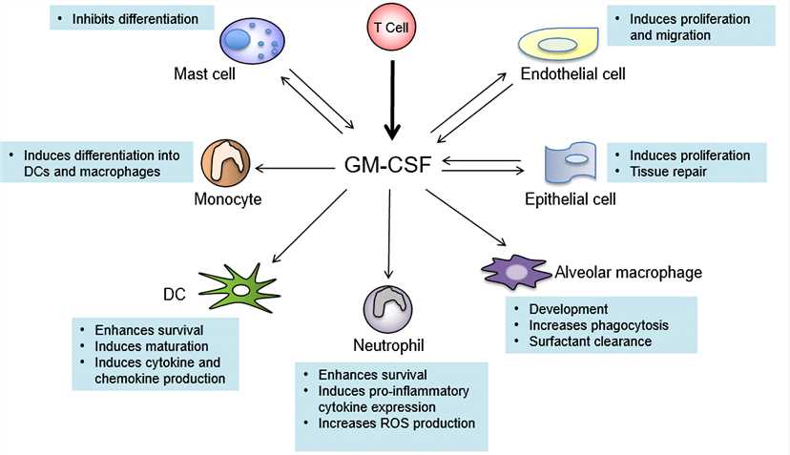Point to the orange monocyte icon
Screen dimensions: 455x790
tap(225, 164)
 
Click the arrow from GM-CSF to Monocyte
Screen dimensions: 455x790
tap(296, 169)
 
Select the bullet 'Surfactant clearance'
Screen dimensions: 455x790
tap(595, 341)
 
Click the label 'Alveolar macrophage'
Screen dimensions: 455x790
tap(629, 273)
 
